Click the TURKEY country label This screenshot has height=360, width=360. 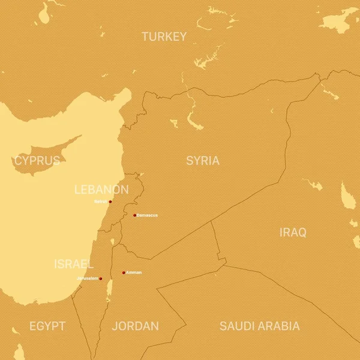pos(164,37)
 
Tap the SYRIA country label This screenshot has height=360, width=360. pos(203,161)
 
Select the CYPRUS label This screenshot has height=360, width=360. pos(37,160)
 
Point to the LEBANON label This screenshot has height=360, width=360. pos(101,190)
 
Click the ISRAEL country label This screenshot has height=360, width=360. pos(74,264)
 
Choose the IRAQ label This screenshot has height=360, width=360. pos(293,232)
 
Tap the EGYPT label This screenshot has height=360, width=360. pos(47,326)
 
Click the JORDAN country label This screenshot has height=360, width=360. pos(136,326)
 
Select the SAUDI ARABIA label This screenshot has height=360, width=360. pos(259,326)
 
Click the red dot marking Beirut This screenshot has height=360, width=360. pos(110,202)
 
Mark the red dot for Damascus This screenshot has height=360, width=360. pos(134,215)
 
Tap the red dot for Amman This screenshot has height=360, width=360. pos(124,272)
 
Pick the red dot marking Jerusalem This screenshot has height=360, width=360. pos(101,278)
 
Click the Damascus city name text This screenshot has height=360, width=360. pos(148,215)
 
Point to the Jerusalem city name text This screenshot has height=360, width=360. pos(88,278)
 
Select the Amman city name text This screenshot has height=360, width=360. pos(134,272)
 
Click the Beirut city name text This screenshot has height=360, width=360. pos(100,202)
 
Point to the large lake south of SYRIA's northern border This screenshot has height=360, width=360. pos(194,122)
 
